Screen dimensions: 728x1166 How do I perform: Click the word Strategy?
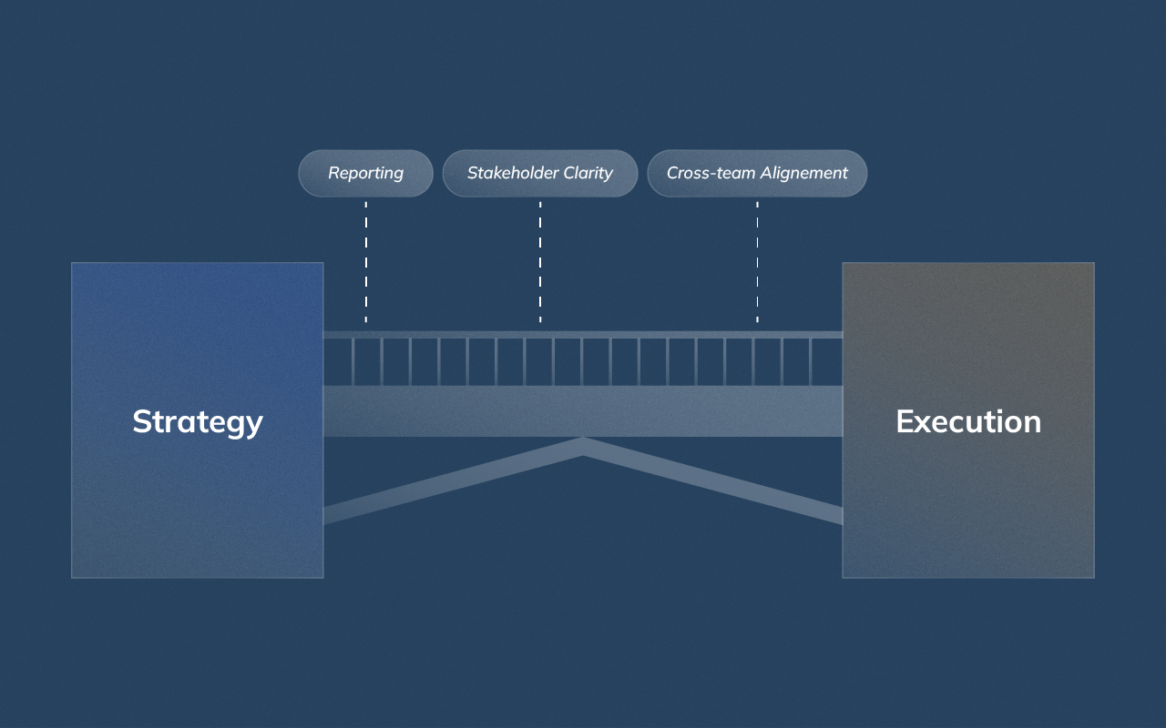click(198, 421)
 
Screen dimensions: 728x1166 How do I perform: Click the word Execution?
click(968, 421)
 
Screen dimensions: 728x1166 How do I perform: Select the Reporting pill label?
click(365, 173)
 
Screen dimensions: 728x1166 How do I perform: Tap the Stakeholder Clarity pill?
click(540, 173)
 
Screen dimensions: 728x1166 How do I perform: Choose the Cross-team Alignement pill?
click(757, 173)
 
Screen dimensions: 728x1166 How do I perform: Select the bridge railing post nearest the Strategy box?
click(353, 361)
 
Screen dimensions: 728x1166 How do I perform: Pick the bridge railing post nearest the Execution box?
click(812, 361)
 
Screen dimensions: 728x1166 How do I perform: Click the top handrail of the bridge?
click(583, 335)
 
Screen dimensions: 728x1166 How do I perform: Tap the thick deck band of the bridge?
click(583, 410)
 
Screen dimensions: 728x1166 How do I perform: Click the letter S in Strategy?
click(142, 421)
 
